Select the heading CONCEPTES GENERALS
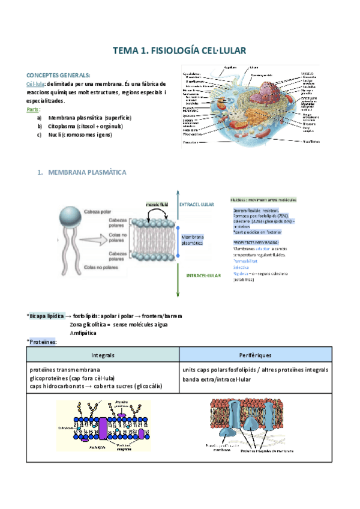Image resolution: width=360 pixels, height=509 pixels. pos(58,75)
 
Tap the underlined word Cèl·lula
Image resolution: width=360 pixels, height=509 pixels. pos(35,84)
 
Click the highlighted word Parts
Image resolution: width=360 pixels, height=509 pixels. pos(34,110)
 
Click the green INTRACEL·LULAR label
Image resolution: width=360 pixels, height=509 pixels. pos(201,276)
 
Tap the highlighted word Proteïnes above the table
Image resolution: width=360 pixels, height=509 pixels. pos(43,342)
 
